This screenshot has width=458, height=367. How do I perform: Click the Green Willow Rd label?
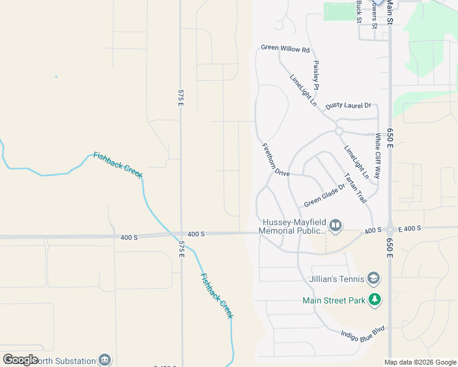(x=285, y=48)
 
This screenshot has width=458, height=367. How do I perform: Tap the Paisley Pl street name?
(x=316, y=75)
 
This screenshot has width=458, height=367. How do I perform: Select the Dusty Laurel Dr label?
(x=348, y=106)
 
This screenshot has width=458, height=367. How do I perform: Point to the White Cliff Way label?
(x=378, y=157)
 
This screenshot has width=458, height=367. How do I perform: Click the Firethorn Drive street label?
(x=276, y=160)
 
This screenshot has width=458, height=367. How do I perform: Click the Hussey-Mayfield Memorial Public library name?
(x=292, y=226)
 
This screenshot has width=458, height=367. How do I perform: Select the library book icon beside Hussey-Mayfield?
(x=336, y=226)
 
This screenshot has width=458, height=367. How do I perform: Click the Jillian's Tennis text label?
(x=336, y=280)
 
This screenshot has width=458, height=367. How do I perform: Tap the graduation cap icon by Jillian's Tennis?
(x=374, y=280)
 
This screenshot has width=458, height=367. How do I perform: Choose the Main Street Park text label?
(x=334, y=300)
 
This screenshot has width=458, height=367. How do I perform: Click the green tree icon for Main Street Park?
(x=374, y=300)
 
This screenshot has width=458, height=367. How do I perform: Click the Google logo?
(x=20, y=360)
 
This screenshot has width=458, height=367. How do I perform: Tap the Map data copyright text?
(x=420, y=362)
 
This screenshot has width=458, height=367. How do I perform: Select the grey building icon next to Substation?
(x=105, y=360)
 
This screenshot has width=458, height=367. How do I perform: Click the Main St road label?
(x=389, y=12)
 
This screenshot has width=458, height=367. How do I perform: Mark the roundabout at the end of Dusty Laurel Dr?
(x=339, y=131)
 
